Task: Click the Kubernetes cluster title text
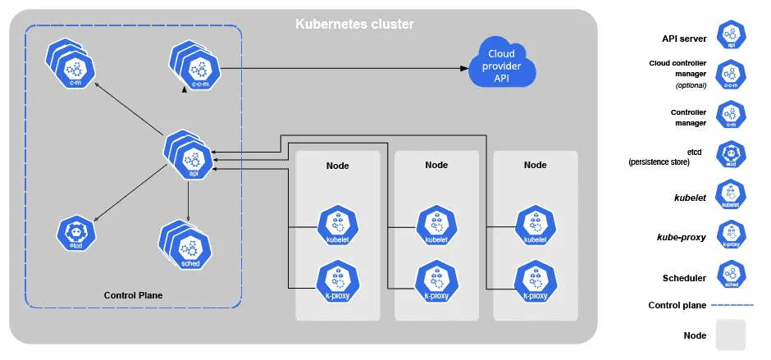pos(354,24)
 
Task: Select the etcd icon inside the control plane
pos(75,235)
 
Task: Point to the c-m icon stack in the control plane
pos(74,64)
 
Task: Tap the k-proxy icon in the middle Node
pos(436,280)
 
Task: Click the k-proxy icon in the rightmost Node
pos(535,280)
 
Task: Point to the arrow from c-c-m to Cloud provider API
pos(344,69)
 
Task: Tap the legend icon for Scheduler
pos(731,276)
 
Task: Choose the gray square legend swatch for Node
pos(731,335)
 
